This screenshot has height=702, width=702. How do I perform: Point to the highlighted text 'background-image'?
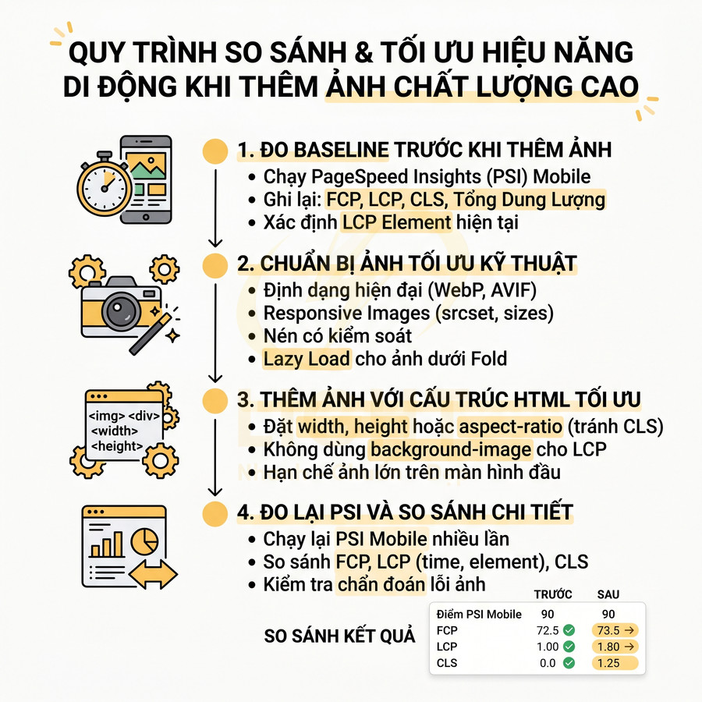coord(451,448)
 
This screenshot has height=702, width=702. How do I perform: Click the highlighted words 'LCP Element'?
coord(398,222)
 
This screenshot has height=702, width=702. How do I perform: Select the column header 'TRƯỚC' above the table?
coord(552,594)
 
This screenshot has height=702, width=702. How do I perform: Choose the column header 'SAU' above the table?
coord(608,594)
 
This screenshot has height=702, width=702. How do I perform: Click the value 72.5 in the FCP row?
coord(548,629)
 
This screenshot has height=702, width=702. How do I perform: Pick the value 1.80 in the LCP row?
coord(608,646)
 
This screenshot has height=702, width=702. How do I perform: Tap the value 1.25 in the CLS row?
coord(608,663)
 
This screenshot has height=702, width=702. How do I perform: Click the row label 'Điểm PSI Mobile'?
coord(479,614)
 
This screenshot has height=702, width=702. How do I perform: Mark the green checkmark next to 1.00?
coord(569,646)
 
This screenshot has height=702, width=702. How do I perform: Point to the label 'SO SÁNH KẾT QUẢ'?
coord(340,636)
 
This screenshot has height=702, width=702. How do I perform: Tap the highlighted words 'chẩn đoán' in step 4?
coord(381,584)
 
